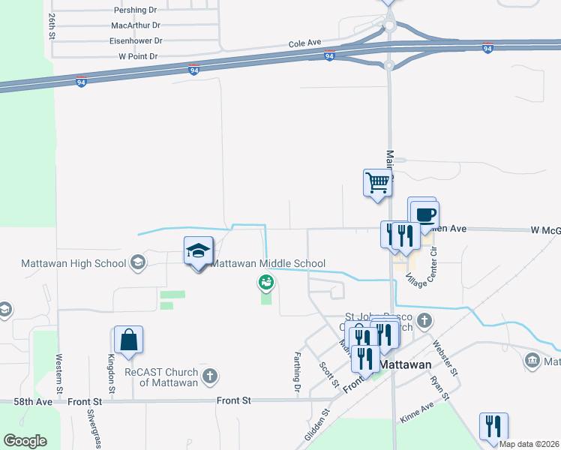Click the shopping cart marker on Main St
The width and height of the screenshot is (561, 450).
tap(377, 182)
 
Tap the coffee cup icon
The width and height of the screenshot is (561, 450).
tap(424, 214)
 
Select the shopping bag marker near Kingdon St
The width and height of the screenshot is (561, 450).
tap(129, 339)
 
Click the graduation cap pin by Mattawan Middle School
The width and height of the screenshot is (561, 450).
tap(199, 250)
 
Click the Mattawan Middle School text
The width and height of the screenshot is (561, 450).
tap(268, 263)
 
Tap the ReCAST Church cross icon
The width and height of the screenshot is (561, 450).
tap(210, 375)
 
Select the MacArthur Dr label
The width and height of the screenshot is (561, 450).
tap(136, 25)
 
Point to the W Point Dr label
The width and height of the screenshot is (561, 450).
tap(138, 56)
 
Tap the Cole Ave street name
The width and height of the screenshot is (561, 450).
tap(305, 44)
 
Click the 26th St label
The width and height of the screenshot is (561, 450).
tap(52, 25)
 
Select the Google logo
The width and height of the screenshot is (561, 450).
tap(25, 441)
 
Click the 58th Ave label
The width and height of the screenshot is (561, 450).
tap(33, 402)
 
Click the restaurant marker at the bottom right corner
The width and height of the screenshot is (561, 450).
tap(493, 426)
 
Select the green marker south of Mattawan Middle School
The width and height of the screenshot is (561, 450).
tap(265, 283)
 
